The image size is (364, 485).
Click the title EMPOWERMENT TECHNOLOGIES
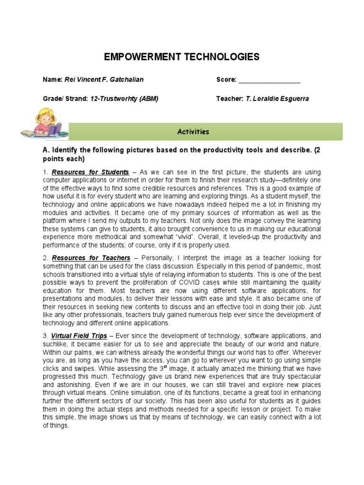[x=182, y=57]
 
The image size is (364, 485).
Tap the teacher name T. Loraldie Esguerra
[x=277, y=99]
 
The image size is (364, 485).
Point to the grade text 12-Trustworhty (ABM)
[x=124, y=99]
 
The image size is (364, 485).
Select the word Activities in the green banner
[x=193, y=132]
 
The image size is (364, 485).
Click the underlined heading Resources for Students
[x=90, y=172]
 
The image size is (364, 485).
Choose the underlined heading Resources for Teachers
[x=91, y=258]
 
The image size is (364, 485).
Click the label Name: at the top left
[x=53, y=80]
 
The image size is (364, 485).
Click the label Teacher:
[x=229, y=99]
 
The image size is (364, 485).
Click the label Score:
[x=227, y=80]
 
